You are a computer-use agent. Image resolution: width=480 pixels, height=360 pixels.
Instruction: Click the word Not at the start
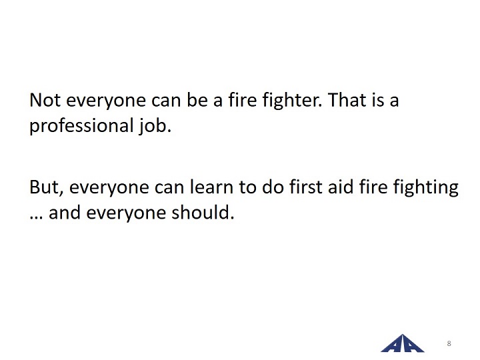45,100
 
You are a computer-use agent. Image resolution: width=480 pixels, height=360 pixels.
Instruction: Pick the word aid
341,187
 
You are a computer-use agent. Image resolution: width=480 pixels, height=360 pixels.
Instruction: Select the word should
203,212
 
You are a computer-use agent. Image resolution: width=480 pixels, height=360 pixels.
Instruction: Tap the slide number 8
449,343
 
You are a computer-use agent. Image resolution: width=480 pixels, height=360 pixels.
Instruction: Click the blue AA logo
402,343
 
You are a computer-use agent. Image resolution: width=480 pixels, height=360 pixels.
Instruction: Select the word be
197,100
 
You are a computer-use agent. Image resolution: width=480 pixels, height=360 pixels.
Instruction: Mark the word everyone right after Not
106,102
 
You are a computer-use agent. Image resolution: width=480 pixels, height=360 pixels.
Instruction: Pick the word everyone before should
126,214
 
